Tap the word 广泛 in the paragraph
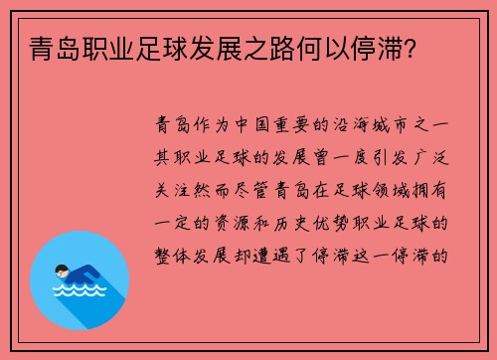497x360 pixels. point(435,155)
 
